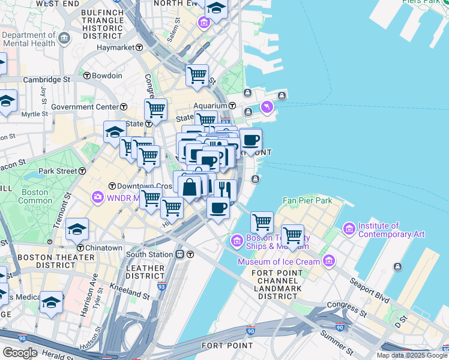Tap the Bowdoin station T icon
pos(87,76)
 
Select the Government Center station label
pos(85,107)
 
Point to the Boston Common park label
pos(34,197)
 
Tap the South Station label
pos(149,254)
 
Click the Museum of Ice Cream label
pos(279,262)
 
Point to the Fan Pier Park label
pos(307,200)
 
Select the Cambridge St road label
pos(46,79)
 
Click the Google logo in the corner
pos(20,352)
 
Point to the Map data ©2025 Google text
pos(412,355)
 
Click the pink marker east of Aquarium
pos(267,107)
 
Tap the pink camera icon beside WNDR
pos(97,197)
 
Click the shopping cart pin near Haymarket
pos(197,75)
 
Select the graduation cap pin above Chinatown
pos(77,229)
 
